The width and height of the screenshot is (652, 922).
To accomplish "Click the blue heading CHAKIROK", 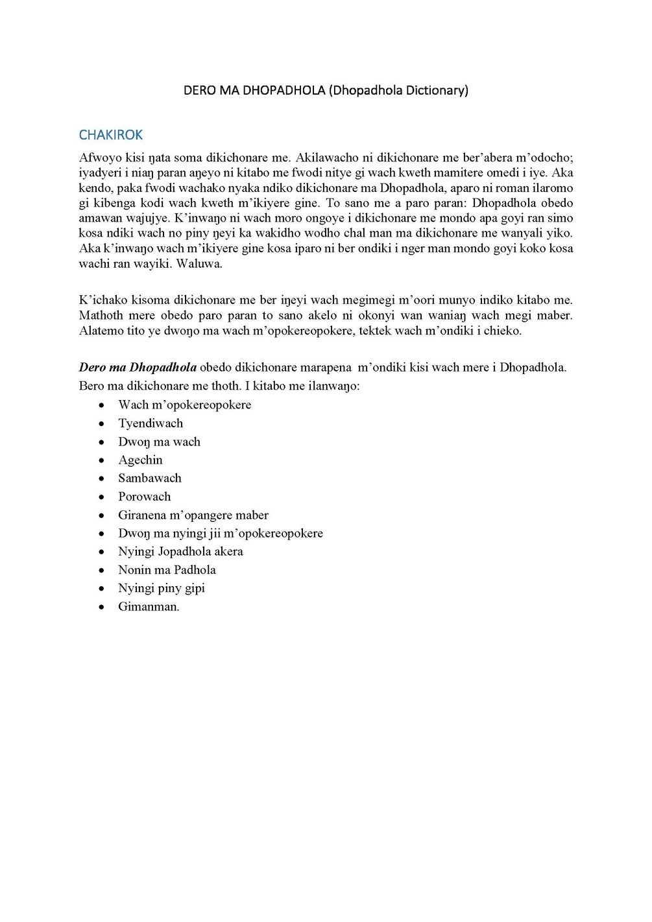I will point(110,135).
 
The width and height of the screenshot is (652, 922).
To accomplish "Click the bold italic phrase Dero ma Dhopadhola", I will point(138,367).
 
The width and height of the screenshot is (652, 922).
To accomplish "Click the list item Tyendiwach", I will point(151,423).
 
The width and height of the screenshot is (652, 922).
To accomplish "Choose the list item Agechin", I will point(140,460).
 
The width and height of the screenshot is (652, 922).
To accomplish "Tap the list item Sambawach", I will point(150,478).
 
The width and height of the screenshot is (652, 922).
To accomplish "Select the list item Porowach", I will point(145,497).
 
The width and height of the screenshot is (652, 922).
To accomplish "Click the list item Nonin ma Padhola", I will point(167,570).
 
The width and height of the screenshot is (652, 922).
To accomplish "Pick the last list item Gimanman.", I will point(149,607).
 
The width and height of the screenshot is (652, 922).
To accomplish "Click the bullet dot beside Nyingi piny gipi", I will point(102,589).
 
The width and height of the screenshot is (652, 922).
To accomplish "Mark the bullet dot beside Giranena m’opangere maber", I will point(102,515).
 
